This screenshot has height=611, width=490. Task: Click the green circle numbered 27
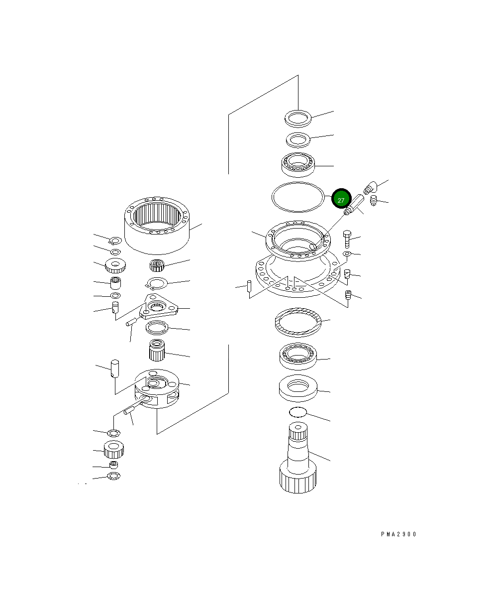[x=341, y=200]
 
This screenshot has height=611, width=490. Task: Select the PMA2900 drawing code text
[x=398, y=534]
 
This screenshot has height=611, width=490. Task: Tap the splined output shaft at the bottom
[x=297, y=458]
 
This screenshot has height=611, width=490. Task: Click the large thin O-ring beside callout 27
[x=297, y=197]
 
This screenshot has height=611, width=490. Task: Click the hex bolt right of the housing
[x=347, y=240]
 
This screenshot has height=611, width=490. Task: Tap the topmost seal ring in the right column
[x=297, y=119]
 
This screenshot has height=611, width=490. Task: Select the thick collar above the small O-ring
[x=297, y=388]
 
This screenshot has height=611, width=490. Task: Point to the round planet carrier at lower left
[x=156, y=388]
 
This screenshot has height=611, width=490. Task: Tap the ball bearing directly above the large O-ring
[x=297, y=164]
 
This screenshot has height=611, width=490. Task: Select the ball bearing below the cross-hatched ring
[x=297, y=356]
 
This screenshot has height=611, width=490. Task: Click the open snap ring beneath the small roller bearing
[x=158, y=284]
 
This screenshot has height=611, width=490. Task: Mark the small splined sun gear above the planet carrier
[x=156, y=351]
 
